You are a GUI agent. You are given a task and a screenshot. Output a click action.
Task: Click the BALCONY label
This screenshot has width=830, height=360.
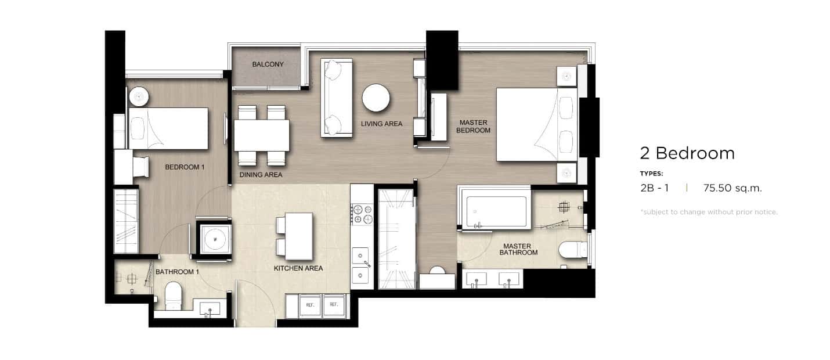point(268,64)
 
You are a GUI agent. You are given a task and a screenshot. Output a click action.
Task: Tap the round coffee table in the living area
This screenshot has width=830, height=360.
point(376,98)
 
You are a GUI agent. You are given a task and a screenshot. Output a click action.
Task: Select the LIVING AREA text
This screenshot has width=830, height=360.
point(382,124)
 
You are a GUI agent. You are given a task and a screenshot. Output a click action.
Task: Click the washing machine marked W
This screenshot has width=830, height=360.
point(215,239)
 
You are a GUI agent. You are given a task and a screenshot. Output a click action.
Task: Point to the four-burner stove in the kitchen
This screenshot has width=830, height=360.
point(362,214)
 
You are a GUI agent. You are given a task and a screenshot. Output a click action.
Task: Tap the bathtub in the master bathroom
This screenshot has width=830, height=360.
point(496,212)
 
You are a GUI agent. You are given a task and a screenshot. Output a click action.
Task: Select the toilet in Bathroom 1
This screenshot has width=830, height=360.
point(173,296)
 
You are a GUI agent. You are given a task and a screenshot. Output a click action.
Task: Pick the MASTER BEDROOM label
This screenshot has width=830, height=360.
point(473,127)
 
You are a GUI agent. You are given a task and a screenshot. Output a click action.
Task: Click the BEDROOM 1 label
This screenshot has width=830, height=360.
point(185,167)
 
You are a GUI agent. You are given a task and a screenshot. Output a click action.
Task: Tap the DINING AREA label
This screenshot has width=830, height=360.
point(261,175)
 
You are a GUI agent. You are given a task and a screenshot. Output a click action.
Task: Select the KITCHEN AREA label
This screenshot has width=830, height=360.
point(298,268)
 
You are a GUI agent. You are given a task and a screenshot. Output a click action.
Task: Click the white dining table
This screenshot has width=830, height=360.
point(262,135)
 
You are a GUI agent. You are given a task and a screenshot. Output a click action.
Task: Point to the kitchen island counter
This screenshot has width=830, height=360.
point(299,236)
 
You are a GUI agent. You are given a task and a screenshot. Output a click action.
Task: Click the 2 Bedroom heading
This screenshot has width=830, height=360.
point(687,153)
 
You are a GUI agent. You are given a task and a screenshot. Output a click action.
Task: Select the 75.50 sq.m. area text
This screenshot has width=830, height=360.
point(732,188)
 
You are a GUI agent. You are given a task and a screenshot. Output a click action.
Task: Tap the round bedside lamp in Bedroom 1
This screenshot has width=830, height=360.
point(139,96)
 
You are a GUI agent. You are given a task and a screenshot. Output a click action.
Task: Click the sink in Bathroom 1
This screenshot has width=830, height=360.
point(210,309)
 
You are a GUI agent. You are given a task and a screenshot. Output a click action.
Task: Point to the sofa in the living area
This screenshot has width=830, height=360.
point(337,98)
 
